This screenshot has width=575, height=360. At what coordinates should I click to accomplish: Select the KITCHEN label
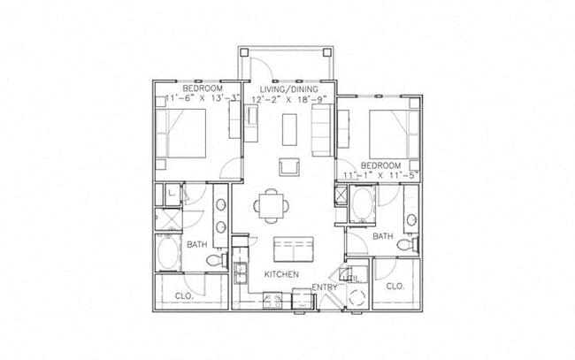tap(280, 275)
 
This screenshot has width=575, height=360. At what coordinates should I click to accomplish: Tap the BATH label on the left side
tap(197, 243)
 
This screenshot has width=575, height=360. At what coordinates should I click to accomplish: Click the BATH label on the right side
tap(382, 236)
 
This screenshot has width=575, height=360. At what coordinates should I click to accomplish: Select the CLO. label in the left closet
tap(184, 295)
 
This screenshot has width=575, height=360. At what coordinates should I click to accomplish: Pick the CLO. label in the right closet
tap(395, 286)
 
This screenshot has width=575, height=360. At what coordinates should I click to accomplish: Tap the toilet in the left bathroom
tap(214, 260)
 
